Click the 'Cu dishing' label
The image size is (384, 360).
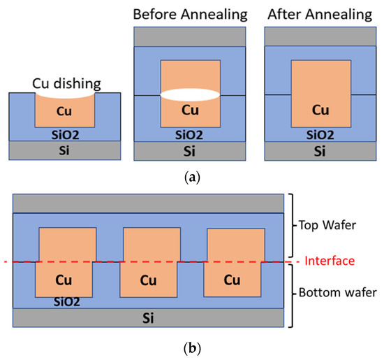tap(67, 83)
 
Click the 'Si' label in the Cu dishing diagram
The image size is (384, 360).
tap(67, 150)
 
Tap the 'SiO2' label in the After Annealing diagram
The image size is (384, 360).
tap(320, 131)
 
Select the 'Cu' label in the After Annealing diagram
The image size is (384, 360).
tap(320, 110)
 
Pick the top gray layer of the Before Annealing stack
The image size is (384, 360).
tap(191, 36)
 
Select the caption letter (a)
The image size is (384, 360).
tap(191, 178)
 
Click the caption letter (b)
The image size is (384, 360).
tap(191, 346)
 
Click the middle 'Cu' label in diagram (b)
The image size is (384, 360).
tap(148, 281)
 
